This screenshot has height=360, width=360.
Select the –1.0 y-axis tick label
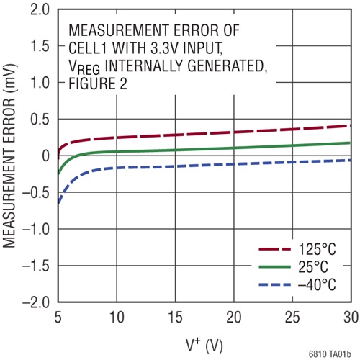point(35,229)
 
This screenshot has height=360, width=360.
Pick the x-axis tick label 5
point(57,318)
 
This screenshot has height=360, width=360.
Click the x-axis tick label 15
point(175,318)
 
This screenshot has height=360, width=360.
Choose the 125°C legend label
point(318,249)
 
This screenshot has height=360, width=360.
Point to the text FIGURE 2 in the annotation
point(96,84)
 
